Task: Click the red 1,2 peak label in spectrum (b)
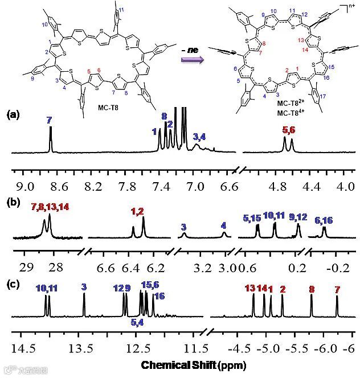click(138, 212)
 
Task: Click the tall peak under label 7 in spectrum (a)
click(51, 139)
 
